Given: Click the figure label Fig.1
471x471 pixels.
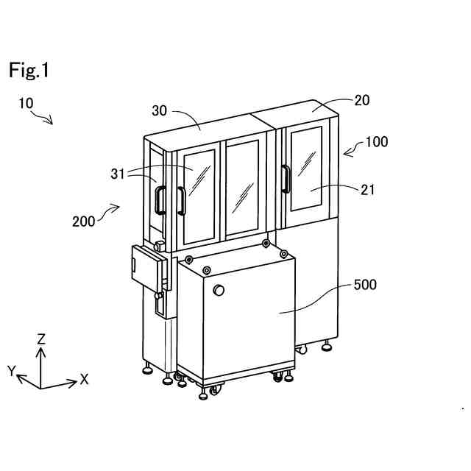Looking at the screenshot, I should coord(29,71).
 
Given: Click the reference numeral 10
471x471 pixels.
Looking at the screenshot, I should coord(26,104).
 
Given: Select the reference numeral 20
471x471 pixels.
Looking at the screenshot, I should coord(361,101).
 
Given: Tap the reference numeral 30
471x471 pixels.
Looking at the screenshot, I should coord(160,110).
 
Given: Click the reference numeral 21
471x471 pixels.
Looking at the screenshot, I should coord(368,189).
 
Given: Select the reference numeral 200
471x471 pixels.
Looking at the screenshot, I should coord(83,220).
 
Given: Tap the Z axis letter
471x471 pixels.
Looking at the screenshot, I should coord(42,339).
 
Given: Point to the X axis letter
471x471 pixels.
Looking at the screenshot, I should coord(85,380).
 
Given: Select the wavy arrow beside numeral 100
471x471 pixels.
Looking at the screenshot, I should coord(353,151).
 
